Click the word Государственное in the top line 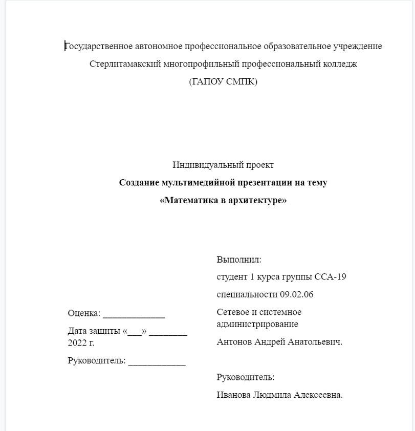[x=99, y=47]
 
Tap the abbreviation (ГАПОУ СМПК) [x=223, y=82]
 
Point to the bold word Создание [x=139, y=183]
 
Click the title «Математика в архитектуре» [x=223, y=201]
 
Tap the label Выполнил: [x=239, y=260]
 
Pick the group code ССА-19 [x=331, y=277]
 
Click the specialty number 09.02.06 [x=296, y=294]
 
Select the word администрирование [x=257, y=324]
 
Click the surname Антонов [x=234, y=342]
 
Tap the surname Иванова [x=234, y=395]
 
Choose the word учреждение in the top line [x=358, y=47]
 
